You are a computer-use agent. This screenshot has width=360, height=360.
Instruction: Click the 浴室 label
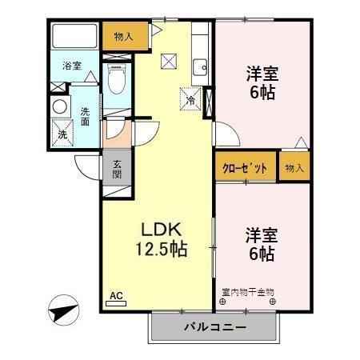[x=72, y=66]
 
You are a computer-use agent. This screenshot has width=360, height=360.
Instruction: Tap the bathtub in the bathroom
[x=74, y=38]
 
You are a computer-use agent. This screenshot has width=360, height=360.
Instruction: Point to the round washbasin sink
[x=60, y=106]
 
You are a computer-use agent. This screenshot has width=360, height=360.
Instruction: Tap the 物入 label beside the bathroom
[x=124, y=35]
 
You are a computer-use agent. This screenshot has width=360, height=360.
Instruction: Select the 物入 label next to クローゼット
[x=294, y=169]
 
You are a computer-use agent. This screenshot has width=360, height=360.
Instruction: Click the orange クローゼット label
[x=244, y=169]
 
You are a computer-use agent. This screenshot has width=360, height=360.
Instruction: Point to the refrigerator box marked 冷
[x=191, y=100]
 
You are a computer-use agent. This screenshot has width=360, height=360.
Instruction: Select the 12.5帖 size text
[x=160, y=250]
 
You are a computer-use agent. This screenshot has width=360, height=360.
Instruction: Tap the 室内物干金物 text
[x=248, y=293]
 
